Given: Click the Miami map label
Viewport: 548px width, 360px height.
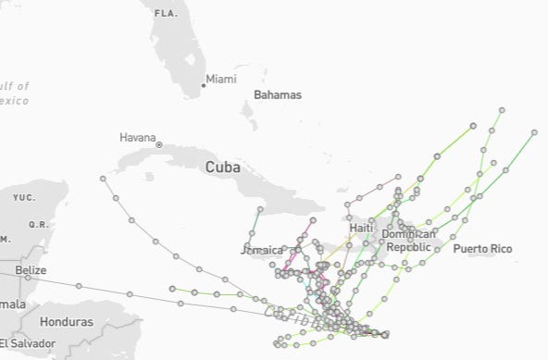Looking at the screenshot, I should tap(221, 80).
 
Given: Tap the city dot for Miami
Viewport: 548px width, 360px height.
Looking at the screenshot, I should tap(204, 85).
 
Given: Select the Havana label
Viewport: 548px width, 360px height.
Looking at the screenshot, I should tap(138, 138).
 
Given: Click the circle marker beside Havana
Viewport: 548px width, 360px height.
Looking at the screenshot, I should tap(159, 144).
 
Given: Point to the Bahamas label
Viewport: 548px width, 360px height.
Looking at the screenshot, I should tap(278, 95).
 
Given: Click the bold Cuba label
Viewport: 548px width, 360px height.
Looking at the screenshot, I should tap(222, 168).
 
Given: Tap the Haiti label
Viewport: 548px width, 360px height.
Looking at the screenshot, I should tap(361, 228).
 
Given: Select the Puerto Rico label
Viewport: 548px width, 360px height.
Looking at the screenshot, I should tap(482, 249).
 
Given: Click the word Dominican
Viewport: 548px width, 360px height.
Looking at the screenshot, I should tap(408, 235).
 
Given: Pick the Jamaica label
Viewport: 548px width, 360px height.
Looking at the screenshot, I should tap(262, 250).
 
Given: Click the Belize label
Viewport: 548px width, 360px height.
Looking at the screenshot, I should tap(31, 269).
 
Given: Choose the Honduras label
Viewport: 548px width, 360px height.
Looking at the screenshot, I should tap(67, 322).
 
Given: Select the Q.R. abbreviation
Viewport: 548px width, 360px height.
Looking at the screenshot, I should tap(38, 224).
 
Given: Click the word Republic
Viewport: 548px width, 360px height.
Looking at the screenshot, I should tap(408, 248).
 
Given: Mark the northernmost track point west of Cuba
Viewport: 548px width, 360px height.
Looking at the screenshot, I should tap(101, 178).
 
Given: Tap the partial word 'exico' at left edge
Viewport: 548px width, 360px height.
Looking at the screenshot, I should tap(14, 99).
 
